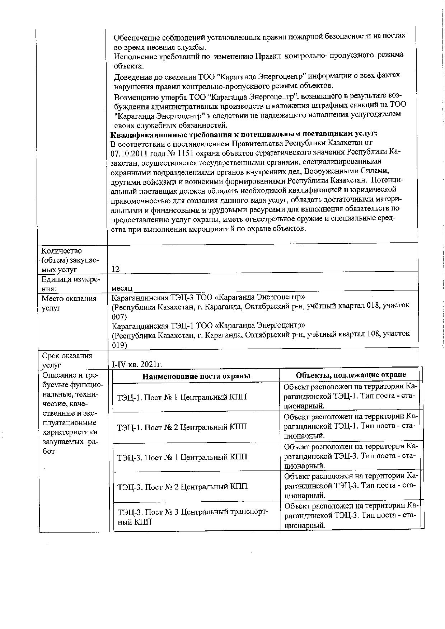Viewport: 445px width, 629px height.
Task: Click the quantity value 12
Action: [x=116, y=269]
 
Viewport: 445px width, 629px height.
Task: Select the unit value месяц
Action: [x=122, y=288]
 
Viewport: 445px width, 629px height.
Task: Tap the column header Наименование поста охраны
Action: [x=196, y=376]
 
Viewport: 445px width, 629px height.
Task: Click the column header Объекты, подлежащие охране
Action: [x=351, y=375]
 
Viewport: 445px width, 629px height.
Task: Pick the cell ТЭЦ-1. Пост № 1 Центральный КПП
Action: [x=182, y=397]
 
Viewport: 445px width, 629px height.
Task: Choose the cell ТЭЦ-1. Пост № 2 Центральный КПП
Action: [x=182, y=427]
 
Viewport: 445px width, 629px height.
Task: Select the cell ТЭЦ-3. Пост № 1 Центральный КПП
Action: [x=182, y=457]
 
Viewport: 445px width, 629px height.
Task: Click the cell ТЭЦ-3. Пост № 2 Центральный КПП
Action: [x=182, y=487]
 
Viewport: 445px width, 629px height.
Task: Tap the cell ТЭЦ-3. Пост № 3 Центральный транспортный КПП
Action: [x=193, y=517]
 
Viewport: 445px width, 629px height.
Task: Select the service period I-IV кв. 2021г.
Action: [x=137, y=364]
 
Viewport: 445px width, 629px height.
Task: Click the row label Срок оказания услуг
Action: [x=67, y=360]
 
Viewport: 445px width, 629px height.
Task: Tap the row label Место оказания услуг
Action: [x=69, y=303]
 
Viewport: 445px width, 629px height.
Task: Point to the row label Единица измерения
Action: [x=71, y=284]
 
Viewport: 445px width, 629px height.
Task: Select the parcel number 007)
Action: [x=119, y=317]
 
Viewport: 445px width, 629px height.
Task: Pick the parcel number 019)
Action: [x=119, y=345]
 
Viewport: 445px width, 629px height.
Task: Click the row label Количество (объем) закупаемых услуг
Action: [x=70, y=260]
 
